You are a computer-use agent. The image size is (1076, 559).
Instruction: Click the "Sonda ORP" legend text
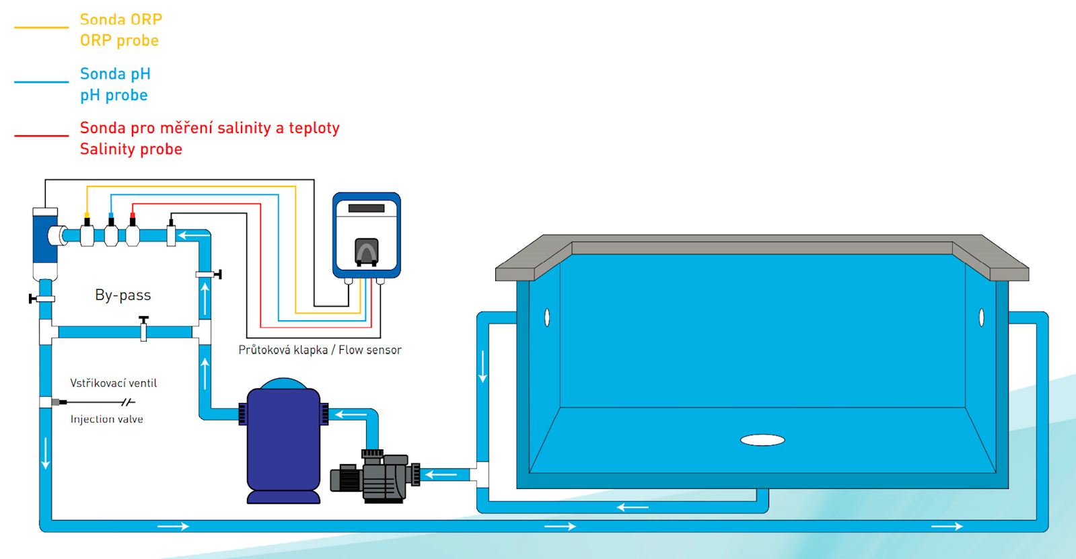120,20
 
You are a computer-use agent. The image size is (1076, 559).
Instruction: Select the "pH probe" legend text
114,95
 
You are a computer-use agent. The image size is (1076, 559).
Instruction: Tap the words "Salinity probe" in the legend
131,149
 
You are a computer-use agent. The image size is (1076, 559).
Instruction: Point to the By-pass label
122,295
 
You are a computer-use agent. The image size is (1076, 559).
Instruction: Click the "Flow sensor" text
369,350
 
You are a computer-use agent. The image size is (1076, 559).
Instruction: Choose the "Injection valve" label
106,419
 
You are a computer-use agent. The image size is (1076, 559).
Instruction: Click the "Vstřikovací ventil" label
113,383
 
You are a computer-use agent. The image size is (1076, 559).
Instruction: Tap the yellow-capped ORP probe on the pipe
87,231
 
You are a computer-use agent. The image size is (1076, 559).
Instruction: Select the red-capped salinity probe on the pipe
133,231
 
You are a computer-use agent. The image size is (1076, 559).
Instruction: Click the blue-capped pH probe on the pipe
111,231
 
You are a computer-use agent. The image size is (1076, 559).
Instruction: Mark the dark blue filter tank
283,441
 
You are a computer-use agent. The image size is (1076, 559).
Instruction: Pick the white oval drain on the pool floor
762,440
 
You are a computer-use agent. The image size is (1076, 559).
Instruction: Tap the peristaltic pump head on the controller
367,252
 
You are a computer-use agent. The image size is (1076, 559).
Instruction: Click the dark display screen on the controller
367,209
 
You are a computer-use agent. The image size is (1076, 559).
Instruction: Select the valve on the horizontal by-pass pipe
143,329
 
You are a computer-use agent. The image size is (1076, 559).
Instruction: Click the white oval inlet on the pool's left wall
547,317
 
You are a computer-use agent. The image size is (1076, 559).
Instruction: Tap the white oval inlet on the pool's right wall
981,317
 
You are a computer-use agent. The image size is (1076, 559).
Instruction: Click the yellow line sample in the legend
41,28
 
